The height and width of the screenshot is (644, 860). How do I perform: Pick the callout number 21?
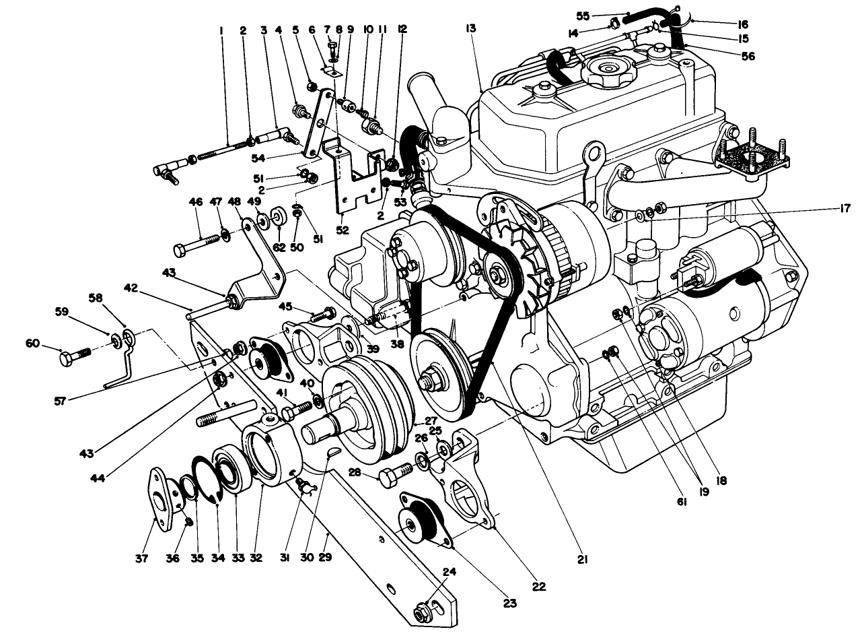[583, 558]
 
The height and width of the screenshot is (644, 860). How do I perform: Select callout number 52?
[343, 229]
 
